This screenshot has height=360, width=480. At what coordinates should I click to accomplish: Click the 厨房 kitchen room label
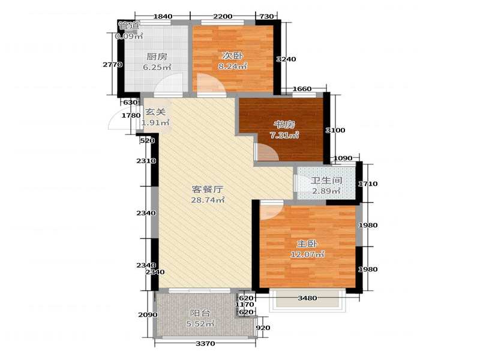point(157,56)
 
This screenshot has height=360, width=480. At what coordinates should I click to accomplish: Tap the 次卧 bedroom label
point(232,56)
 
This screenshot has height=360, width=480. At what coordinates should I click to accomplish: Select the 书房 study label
point(284,125)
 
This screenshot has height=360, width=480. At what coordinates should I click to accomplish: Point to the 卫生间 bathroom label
point(326,181)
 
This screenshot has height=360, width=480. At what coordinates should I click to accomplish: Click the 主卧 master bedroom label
point(307,244)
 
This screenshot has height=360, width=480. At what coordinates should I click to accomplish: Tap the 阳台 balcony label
point(200,313)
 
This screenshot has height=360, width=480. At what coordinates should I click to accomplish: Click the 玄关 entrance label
point(155,112)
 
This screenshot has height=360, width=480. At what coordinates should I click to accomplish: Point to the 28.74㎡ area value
point(208,200)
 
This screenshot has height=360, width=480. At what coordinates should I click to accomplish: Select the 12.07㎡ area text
point(307,254)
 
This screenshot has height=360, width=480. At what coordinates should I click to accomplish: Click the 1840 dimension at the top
point(163,16)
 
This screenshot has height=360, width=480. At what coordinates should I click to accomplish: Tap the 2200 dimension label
point(223,16)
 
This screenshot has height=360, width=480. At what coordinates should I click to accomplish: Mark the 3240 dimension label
point(286,59)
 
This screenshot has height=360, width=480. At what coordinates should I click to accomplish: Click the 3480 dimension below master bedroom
point(307,298)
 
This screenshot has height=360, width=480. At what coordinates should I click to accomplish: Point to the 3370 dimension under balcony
point(205,343)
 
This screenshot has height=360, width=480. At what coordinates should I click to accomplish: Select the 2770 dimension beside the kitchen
point(113,65)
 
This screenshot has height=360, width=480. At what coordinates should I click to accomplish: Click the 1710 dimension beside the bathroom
point(368,184)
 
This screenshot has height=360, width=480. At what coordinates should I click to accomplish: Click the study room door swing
point(267,152)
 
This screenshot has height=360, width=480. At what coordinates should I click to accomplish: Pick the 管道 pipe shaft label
point(129,25)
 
